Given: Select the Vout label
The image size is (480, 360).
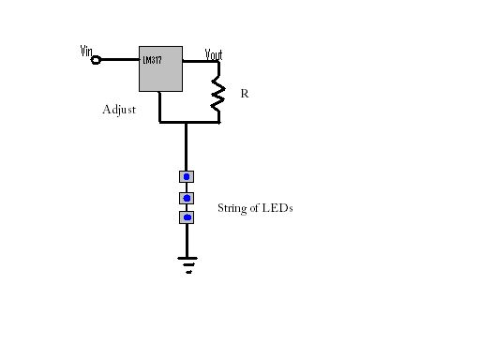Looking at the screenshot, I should [214, 53].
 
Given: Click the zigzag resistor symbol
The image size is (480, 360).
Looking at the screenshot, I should [218, 94].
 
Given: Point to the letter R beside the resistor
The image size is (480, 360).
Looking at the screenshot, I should [245, 94].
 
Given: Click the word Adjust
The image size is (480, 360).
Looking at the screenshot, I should [119, 110].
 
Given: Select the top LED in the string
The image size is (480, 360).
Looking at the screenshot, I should [187, 175].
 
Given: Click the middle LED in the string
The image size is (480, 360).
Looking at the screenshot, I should [187, 197].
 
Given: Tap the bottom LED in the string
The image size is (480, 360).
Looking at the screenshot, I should [187, 217].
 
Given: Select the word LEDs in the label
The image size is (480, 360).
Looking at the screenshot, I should [279, 208].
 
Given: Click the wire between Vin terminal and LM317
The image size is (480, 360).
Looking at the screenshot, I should [119, 59].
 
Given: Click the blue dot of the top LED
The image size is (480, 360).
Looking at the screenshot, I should [187, 175].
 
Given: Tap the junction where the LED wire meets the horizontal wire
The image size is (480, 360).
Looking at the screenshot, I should [186, 122].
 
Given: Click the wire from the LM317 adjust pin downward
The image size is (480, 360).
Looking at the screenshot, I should [160, 107].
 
